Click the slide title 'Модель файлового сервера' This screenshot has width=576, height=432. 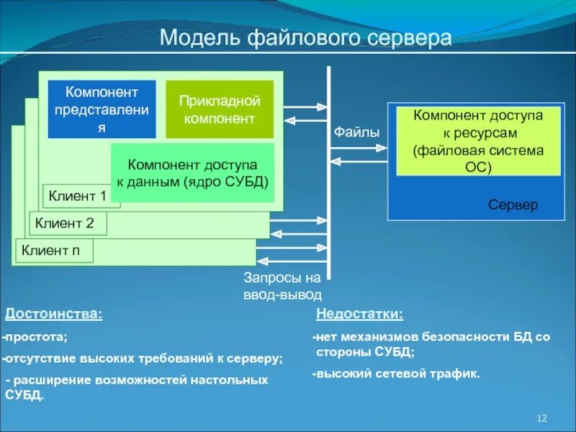tap(305, 37)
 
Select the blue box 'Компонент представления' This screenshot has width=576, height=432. tap(102, 109)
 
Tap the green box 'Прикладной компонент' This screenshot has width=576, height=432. tap(220, 109)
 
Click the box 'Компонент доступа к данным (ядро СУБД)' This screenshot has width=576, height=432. tap(192, 172)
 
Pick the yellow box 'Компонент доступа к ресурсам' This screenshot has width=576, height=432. tap(478, 142)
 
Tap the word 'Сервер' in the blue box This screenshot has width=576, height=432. tap(513, 205)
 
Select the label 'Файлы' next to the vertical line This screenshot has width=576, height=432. tap(356, 132)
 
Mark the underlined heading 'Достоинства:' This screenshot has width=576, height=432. tap(54, 315)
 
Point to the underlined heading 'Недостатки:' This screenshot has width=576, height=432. tap(359, 315)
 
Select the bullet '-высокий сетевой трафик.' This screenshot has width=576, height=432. tap(395, 374)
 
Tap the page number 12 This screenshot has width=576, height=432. tap(543, 419)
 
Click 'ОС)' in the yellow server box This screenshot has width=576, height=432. tap(478, 167)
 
